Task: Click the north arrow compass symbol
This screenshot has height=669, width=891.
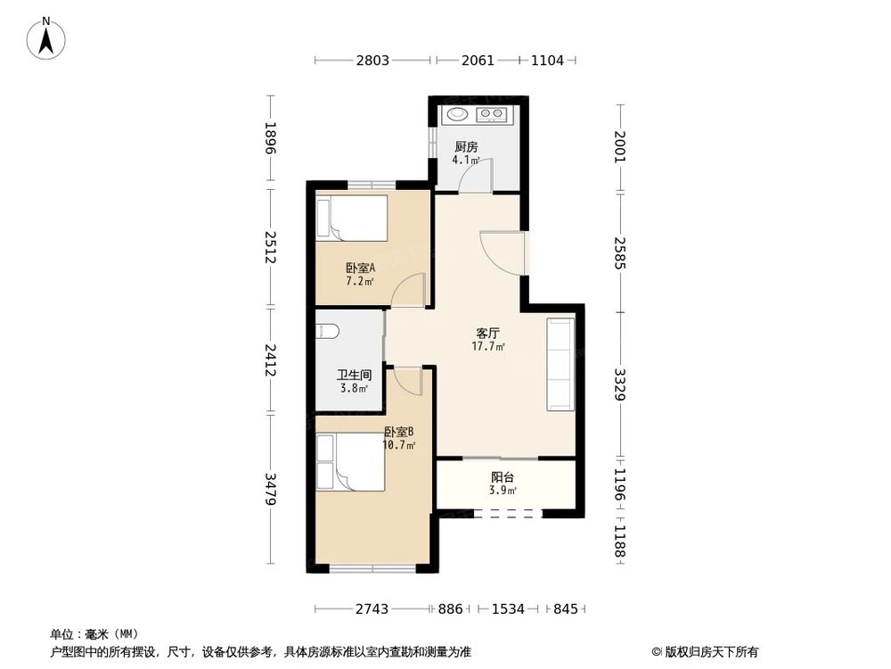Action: point(46,38)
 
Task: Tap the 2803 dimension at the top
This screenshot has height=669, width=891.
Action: point(372,61)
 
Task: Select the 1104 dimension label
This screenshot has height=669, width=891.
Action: point(547,61)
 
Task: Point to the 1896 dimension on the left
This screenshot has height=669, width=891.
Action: point(271,137)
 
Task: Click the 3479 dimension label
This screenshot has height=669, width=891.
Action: point(271,489)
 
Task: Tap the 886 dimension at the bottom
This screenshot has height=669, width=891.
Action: point(450,608)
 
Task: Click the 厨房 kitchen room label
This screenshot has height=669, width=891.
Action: point(466,147)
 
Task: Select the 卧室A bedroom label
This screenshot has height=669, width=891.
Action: point(360,268)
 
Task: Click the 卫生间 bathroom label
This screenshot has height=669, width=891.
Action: point(354,375)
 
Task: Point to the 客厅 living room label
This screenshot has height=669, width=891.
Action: point(487,333)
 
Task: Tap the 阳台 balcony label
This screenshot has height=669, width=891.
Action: point(503,477)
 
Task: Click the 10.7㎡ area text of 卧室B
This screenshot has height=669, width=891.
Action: point(399,445)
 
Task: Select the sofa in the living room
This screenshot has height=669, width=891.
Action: point(560,364)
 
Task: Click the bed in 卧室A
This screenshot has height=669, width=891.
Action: point(352,219)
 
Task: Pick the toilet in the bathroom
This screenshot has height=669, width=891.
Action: point(327,331)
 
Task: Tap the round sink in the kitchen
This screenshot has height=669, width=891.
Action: point(456,114)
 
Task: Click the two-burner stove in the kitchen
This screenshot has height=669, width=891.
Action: point(492,114)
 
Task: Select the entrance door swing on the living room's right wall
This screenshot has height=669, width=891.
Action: point(502,253)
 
